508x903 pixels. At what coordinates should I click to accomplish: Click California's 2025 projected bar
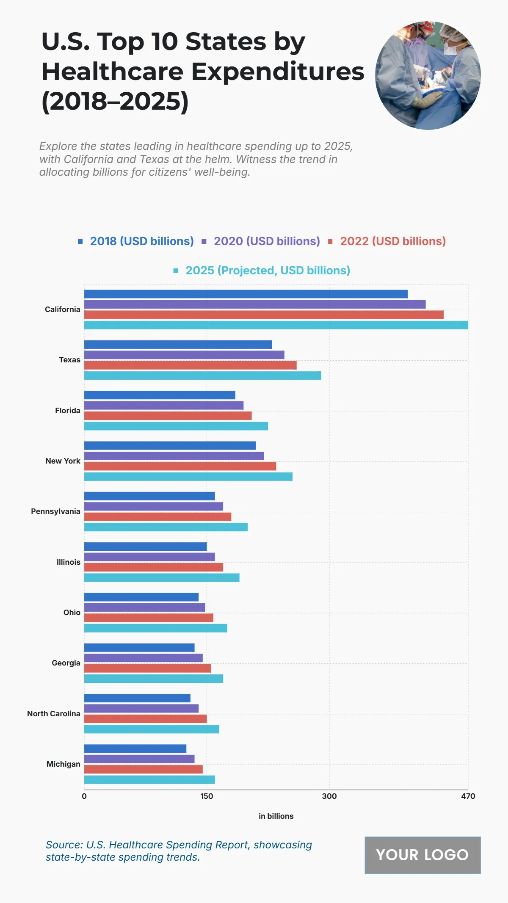click(x=276, y=325)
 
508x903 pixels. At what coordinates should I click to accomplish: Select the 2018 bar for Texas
click(x=178, y=345)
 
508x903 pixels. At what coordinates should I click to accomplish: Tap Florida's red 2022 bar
click(x=168, y=416)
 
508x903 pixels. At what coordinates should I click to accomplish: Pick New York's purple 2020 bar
click(x=174, y=456)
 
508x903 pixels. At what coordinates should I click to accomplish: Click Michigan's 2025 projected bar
click(x=149, y=780)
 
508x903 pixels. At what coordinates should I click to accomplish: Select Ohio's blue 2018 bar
click(x=141, y=597)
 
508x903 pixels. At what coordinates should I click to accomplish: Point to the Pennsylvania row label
click(x=55, y=511)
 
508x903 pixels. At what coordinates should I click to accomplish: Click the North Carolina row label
click(x=54, y=714)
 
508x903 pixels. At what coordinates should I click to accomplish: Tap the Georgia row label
click(x=66, y=663)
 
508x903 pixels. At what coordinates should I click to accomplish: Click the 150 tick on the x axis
click(x=207, y=796)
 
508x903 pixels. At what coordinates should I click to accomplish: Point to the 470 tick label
click(x=468, y=796)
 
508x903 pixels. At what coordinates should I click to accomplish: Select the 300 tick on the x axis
click(x=329, y=796)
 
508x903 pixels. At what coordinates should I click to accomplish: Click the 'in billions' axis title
click(x=276, y=816)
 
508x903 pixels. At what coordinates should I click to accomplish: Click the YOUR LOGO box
click(x=422, y=855)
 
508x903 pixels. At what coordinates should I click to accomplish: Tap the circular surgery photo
click(x=428, y=75)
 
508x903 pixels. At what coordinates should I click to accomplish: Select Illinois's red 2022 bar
click(x=153, y=567)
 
